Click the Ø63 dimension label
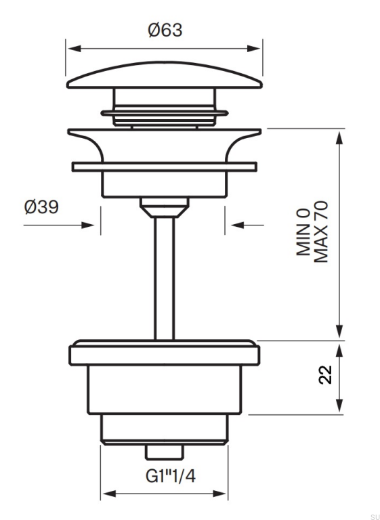(x=165, y=30)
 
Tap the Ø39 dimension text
(x=41, y=208)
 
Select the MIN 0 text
(x=303, y=232)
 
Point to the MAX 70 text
(x=320, y=232)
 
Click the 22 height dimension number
(x=326, y=374)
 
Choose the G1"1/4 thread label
(x=171, y=477)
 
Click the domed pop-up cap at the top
(x=165, y=75)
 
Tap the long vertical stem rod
(x=165, y=278)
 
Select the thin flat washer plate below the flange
(x=165, y=167)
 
